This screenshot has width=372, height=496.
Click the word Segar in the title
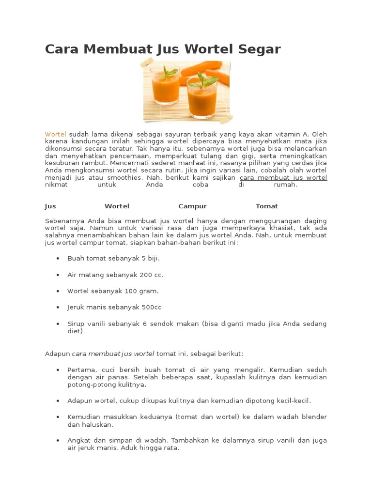click(x=259, y=49)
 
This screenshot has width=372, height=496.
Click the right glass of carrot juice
click(x=201, y=97)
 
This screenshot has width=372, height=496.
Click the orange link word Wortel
click(x=55, y=134)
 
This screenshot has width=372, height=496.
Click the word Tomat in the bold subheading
click(x=267, y=206)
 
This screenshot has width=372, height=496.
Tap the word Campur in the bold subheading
click(x=192, y=206)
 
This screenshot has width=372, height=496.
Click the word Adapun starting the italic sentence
click(x=58, y=354)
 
